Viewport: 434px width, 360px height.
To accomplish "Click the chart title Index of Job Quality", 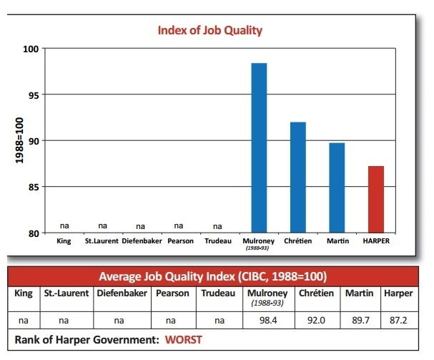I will (x=210, y=30).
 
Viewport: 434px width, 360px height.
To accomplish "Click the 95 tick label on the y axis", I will (x=32, y=94).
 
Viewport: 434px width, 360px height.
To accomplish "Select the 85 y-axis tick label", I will (x=32, y=187).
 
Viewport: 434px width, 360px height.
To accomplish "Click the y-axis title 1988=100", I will (x=19, y=140).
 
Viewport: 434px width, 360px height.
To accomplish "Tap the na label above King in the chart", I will (x=64, y=226).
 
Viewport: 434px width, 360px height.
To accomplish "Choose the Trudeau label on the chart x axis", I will (x=218, y=241).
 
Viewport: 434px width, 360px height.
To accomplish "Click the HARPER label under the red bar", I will (x=376, y=241).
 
